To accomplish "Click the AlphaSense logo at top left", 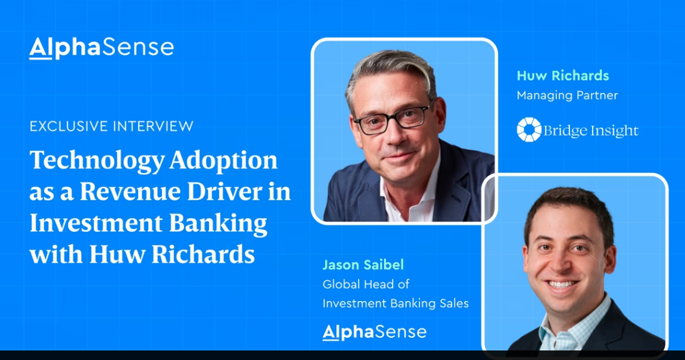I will pos(101,48).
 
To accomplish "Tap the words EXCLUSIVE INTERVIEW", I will pos(111,126).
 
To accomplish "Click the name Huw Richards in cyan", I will pos(563,76).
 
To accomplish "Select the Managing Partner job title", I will pos(567,95).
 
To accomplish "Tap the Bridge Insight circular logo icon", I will pos(529,130).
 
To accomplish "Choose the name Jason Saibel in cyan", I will pos(363,265).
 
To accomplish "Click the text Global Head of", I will pos(366,284).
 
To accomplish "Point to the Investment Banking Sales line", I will pos(396,303).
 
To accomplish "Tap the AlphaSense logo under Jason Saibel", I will pos(374,331).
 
